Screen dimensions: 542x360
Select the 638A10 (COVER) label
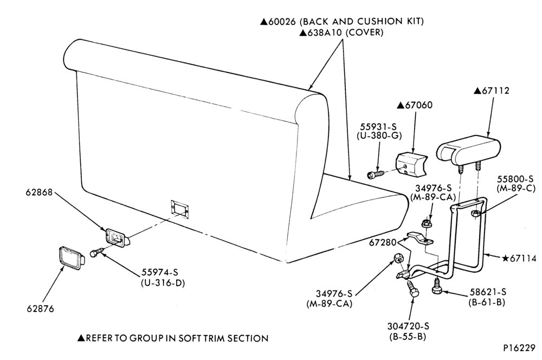[x=341, y=33]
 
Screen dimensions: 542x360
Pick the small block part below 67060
[x=411, y=166]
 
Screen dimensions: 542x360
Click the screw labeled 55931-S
[x=376, y=174]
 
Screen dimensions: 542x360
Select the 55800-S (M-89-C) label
[x=516, y=184]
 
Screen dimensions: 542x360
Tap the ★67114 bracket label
[x=519, y=258]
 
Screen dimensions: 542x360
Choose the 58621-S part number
[x=488, y=292]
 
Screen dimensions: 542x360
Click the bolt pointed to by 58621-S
[x=436, y=286]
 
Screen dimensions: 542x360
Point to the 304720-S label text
[x=408, y=326]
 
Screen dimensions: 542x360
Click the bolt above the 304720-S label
[x=412, y=288]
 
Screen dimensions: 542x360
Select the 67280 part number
[x=383, y=243]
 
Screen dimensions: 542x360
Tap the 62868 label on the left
[x=39, y=192]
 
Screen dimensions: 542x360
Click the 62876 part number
[x=41, y=308]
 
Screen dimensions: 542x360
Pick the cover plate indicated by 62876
[x=72, y=258]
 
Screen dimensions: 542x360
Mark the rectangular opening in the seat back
[x=180, y=209]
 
